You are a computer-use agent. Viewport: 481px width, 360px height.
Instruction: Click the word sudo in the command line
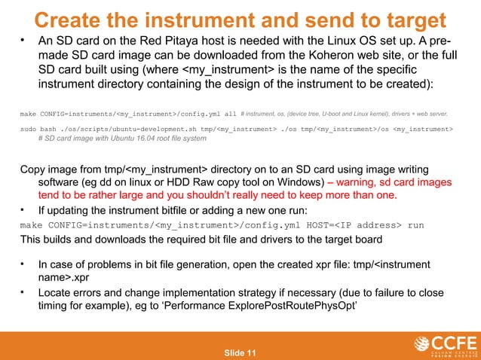pos(29,130)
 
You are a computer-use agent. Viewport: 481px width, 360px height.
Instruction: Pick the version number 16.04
pos(136,139)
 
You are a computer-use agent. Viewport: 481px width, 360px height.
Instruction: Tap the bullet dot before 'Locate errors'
pos(24,293)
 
